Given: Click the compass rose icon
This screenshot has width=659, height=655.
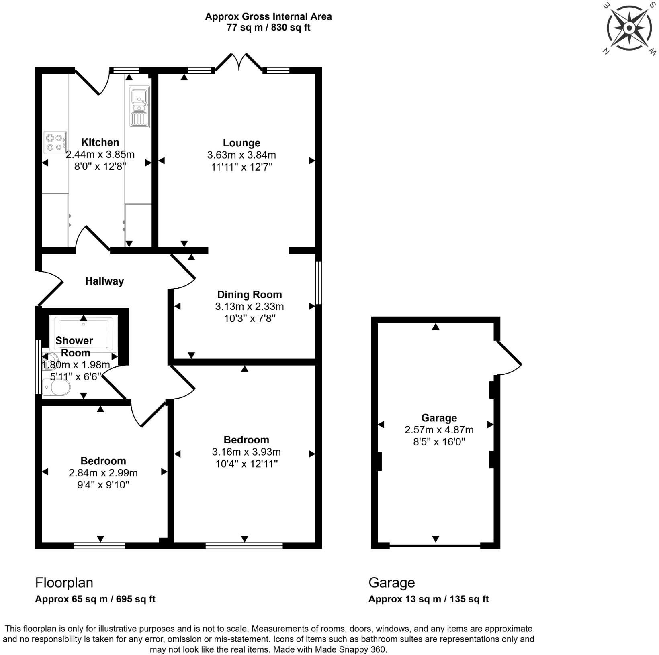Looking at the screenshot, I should [x=629, y=28].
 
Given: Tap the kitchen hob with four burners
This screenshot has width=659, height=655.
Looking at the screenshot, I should [x=55, y=142].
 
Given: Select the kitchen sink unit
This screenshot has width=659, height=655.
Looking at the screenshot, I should [x=139, y=107].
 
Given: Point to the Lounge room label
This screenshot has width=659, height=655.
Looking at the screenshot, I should [x=241, y=143].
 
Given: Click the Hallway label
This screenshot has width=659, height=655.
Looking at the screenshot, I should [x=104, y=281].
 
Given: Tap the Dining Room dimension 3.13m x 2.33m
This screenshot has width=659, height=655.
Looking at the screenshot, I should [x=249, y=307].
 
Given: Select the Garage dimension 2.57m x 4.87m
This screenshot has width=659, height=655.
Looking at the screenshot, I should [x=439, y=430].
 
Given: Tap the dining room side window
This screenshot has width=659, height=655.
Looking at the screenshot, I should [x=319, y=283].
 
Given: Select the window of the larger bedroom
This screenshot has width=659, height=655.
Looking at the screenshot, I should [x=244, y=545].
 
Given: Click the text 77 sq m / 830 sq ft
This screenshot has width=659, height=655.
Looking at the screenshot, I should [x=268, y=28].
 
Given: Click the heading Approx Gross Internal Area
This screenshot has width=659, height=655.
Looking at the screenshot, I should [x=268, y=16].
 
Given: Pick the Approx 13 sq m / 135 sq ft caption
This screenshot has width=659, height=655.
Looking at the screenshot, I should [x=428, y=599].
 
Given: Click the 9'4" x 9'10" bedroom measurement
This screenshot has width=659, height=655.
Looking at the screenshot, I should [x=103, y=485].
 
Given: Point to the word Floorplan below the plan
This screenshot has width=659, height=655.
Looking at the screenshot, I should [x=64, y=582].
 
